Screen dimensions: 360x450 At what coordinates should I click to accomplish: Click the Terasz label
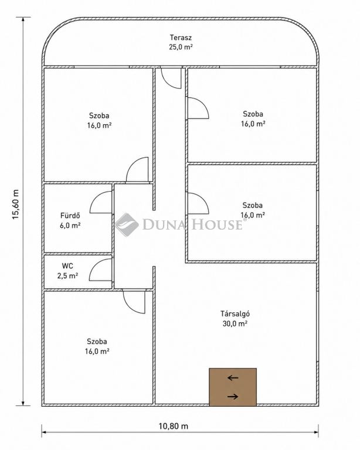click(x=181, y=37)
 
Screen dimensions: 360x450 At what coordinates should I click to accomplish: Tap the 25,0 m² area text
click(x=181, y=47)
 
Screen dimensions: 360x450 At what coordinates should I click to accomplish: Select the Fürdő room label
click(x=70, y=216)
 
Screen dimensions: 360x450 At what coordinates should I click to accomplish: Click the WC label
click(x=67, y=266)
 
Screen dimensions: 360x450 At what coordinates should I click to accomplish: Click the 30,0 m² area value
click(x=235, y=323)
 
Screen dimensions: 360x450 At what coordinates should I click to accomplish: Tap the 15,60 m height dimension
click(x=15, y=204)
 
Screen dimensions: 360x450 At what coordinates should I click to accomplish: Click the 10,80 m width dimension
click(x=174, y=426)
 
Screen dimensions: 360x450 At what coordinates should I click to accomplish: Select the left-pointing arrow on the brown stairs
click(x=233, y=378)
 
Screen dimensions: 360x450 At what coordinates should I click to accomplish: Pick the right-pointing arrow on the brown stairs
click(x=233, y=397)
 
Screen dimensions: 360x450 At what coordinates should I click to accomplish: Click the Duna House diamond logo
click(x=127, y=225)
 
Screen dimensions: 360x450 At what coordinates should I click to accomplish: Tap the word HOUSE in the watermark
click(x=217, y=224)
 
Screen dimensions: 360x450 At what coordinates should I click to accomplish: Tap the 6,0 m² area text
click(x=70, y=225)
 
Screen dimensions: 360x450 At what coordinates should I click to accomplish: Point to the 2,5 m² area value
click(x=68, y=276)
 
